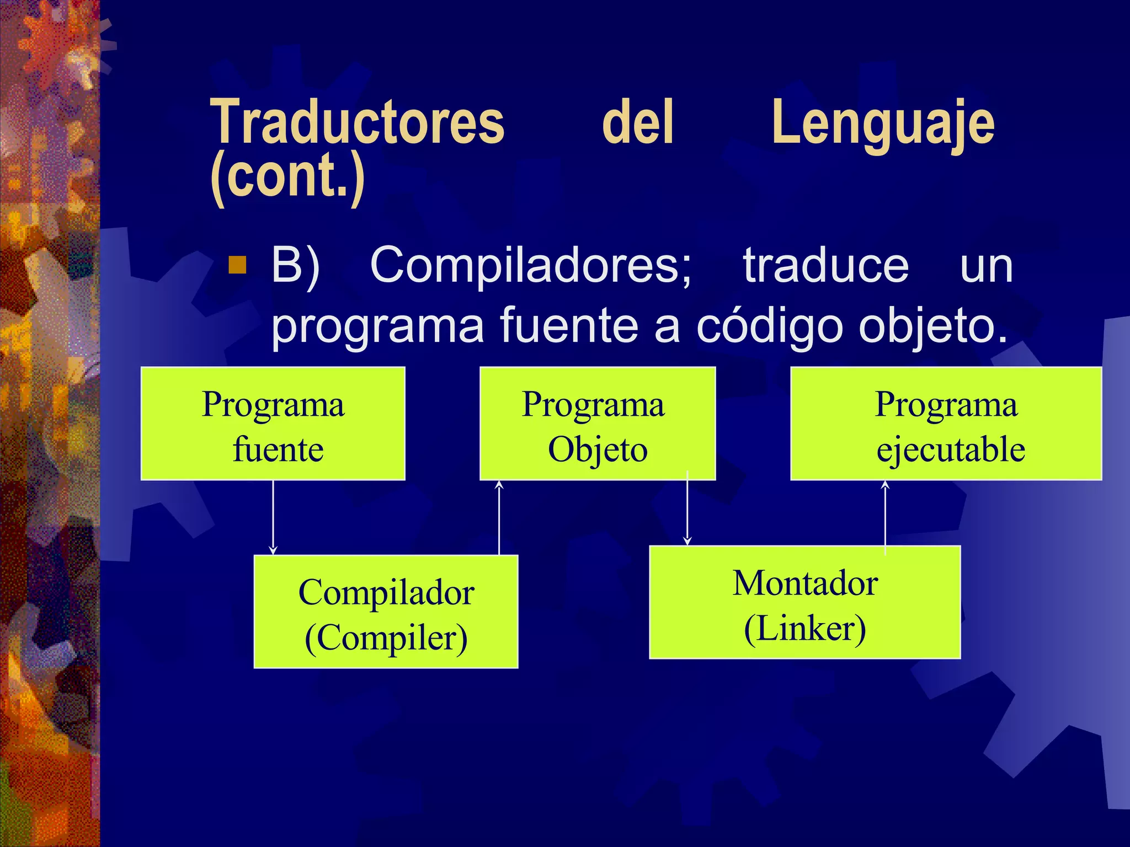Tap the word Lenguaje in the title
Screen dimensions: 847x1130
point(883,124)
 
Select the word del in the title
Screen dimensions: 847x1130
point(638,122)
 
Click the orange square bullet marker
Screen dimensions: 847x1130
point(237,265)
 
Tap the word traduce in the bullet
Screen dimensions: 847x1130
point(825,266)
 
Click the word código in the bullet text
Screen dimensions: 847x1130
point(770,326)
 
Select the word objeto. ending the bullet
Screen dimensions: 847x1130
point(933,326)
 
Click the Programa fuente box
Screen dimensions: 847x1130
point(273,423)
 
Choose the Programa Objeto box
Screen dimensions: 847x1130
point(598,423)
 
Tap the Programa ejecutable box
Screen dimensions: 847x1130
point(946,423)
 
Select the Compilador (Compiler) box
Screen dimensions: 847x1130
point(386,612)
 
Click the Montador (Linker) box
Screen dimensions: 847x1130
point(804,602)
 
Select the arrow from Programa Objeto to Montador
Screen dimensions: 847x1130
point(687,510)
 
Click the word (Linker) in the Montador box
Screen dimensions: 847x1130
point(804,629)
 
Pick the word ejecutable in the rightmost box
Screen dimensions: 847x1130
point(950,449)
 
